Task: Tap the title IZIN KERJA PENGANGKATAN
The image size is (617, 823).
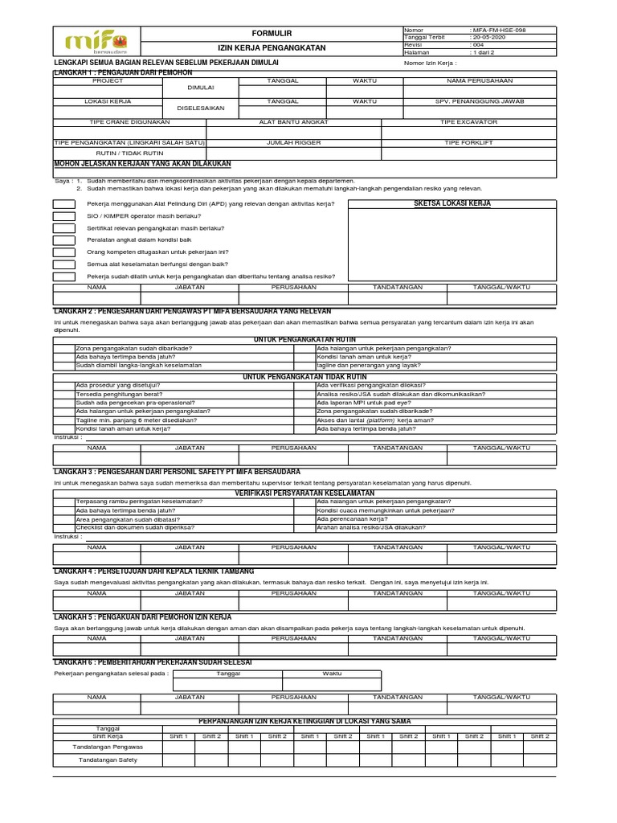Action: click(x=272, y=48)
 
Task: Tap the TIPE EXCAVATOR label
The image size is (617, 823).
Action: click(x=468, y=122)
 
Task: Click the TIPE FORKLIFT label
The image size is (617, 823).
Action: click(x=468, y=142)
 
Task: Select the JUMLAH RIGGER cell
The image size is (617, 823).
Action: click(x=293, y=142)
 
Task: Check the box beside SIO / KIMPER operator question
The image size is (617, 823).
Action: click(x=65, y=216)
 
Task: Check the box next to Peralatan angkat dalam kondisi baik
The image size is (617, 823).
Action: click(x=65, y=240)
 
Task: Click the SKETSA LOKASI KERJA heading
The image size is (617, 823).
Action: click(x=452, y=204)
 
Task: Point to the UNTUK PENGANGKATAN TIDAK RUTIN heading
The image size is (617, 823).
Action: click(x=304, y=376)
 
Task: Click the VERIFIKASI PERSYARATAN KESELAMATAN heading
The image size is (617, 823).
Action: click(x=304, y=492)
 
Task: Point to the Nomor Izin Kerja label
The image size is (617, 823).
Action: click(x=430, y=63)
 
